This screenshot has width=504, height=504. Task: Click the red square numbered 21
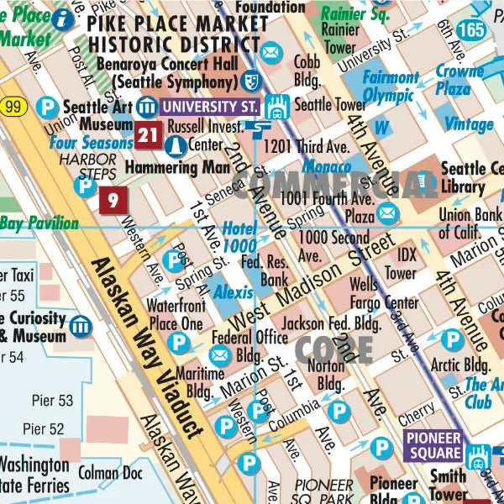(149, 134)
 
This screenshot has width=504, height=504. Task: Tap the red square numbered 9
(113, 200)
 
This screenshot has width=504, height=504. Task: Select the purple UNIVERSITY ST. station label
(209, 107)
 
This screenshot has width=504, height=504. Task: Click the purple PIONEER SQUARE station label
(433, 445)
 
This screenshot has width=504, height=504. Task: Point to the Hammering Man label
(176, 167)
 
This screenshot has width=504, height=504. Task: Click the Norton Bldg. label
(326, 375)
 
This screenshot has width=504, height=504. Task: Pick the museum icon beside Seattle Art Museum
(148, 107)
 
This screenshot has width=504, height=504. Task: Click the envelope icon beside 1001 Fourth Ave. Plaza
(386, 213)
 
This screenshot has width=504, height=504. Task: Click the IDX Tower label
(406, 262)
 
